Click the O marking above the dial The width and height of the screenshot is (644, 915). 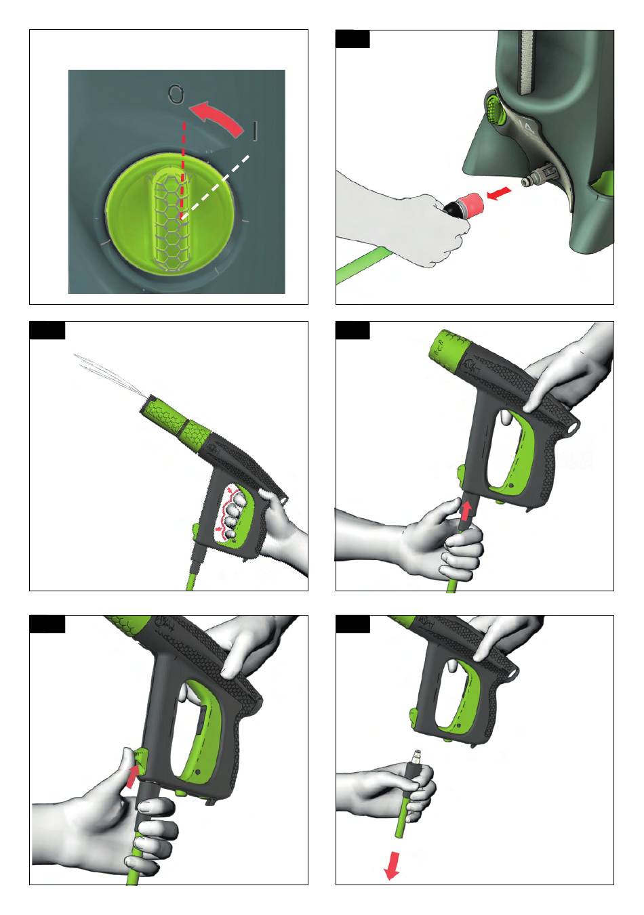pyautogui.click(x=176, y=93)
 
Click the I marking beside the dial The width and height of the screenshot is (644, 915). pyautogui.click(x=254, y=131)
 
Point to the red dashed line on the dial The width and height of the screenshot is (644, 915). pyautogui.click(x=183, y=169)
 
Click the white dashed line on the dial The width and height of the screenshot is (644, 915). pyautogui.click(x=215, y=187)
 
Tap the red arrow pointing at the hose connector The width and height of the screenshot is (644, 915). pyautogui.click(x=500, y=193)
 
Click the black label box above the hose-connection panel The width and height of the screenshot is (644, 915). pyautogui.click(x=353, y=39)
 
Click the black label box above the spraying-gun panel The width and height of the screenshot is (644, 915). pyautogui.click(x=47, y=331)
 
